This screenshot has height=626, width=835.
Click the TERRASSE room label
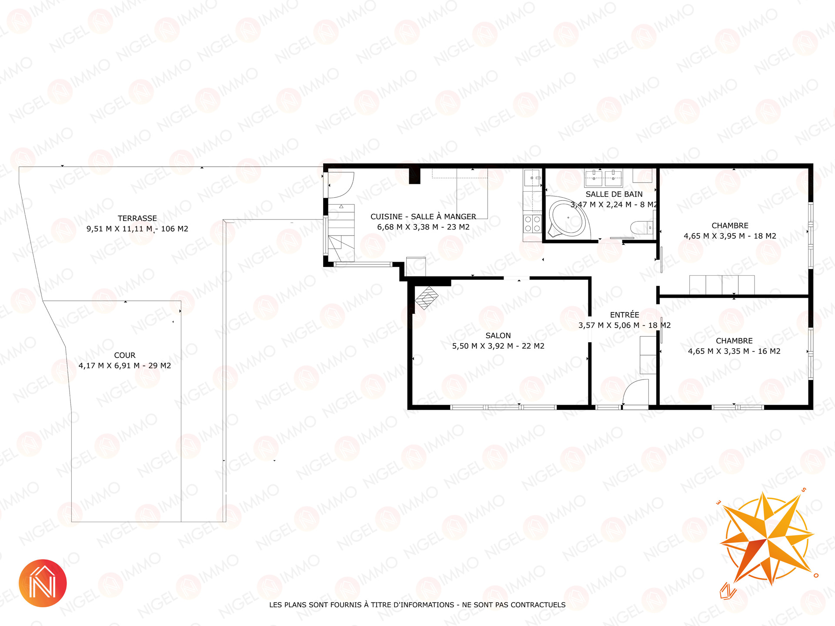click(x=137, y=218)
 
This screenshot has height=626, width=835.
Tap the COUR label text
click(x=125, y=355)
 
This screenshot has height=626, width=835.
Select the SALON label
click(x=498, y=336)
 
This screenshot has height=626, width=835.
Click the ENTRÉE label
click(x=625, y=315)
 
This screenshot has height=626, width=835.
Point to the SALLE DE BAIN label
click(x=614, y=194)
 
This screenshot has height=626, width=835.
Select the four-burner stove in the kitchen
click(x=532, y=224)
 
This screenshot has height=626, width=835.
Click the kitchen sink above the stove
click(x=532, y=178)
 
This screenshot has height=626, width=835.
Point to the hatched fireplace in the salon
click(x=427, y=298)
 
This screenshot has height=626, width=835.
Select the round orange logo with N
click(x=43, y=583)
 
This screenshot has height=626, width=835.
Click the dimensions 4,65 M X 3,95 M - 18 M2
click(x=730, y=236)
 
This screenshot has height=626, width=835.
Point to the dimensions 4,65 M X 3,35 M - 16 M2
click(x=734, y=351)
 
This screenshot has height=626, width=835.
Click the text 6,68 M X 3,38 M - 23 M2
click(x=423, y=227)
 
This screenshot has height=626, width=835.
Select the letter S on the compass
click(x=803, y=490)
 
